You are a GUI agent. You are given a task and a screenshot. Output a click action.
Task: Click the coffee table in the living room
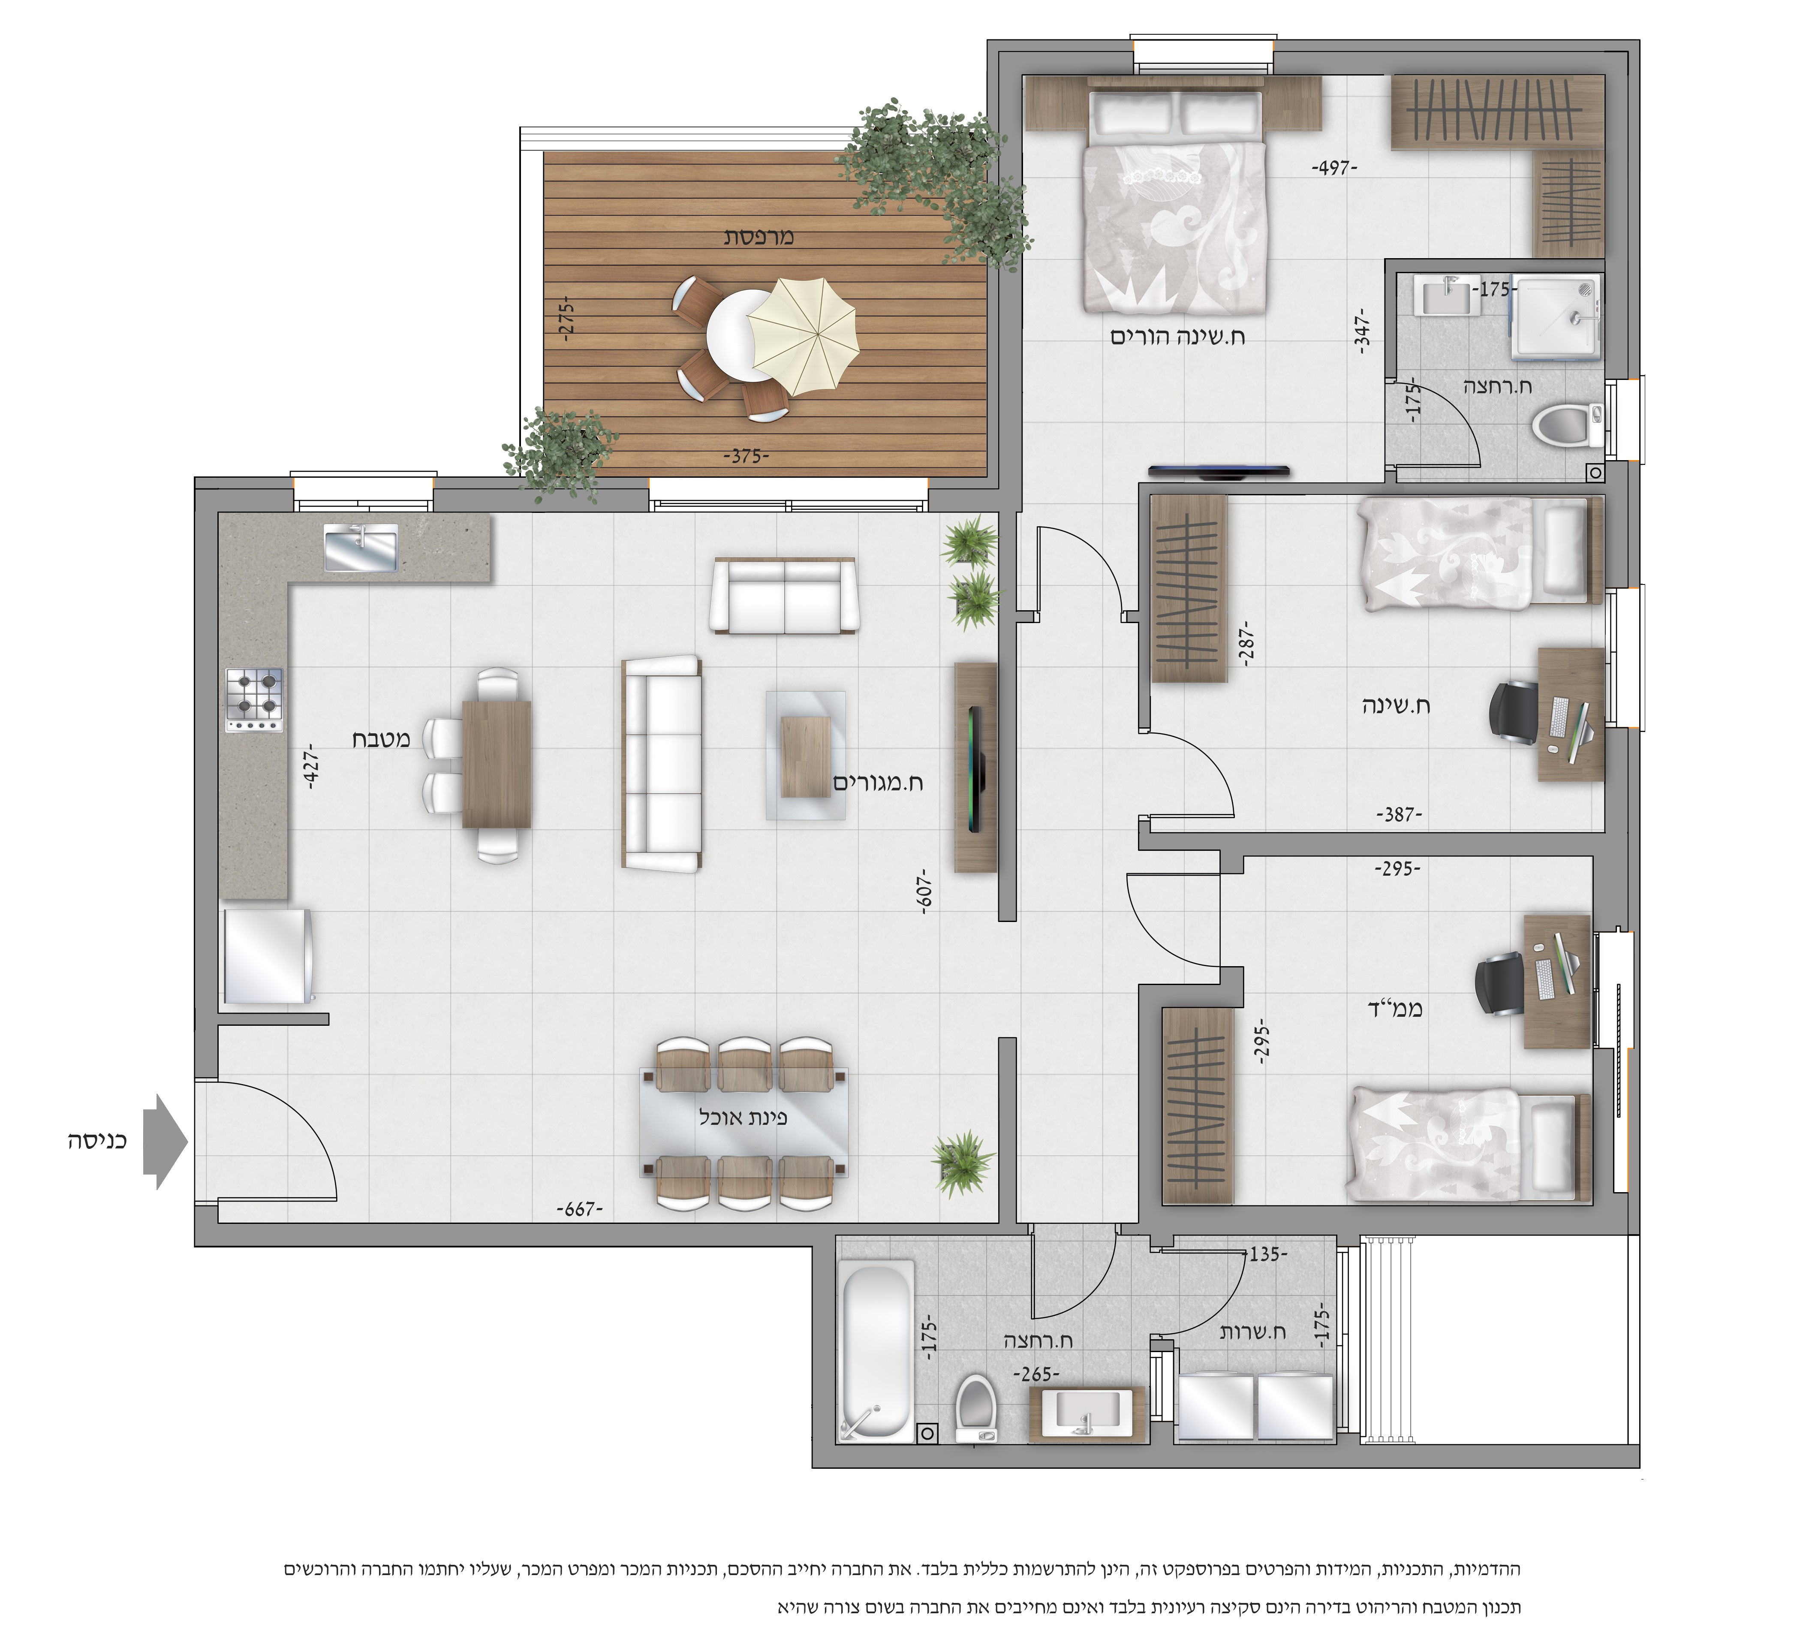[x=806, y=755]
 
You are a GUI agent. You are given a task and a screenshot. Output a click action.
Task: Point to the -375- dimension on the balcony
[x=746, y=456]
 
